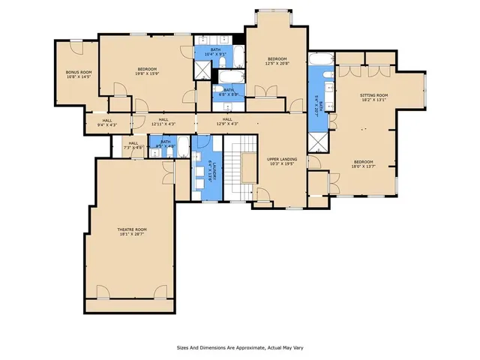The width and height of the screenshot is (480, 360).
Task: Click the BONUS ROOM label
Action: click(x=78, y=72)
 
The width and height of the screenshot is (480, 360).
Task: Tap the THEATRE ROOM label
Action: click(x=130, y=229)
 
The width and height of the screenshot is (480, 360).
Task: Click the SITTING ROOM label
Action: click(x=374, y=95)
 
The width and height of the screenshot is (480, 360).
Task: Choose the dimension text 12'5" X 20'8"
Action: click(x=277, y=64)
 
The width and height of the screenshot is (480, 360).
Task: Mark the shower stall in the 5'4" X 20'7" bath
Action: click(x=318, y=142)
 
